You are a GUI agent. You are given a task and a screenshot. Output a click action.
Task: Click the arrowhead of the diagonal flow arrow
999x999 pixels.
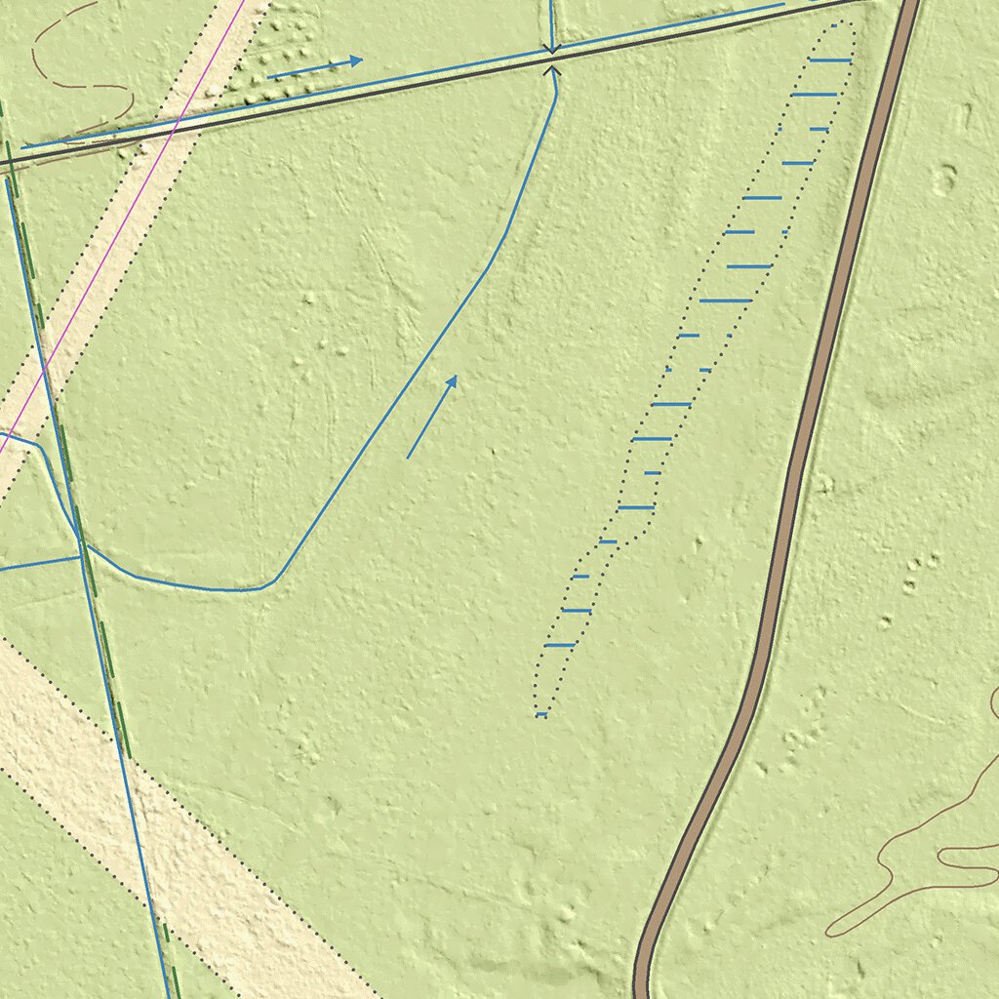pyautogui.click(x=455, y=378)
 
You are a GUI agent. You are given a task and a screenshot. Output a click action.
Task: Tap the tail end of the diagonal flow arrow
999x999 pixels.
pyautogui.click(x=408, y=458)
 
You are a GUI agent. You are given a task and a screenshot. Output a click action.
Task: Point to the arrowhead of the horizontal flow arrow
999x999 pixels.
pyautogui.click(x=360, y=60)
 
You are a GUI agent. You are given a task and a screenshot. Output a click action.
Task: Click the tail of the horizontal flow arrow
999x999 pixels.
pyautogui.click(x=267, y=77)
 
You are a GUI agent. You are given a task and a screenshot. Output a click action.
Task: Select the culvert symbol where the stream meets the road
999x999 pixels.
pyautogui.click(x=552, y=59)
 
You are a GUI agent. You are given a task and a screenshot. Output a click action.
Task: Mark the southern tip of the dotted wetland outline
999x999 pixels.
pyautogui.click(x=539, y=716)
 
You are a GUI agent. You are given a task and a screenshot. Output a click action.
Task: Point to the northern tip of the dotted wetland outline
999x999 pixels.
pyautogui.click(x=847, y=23)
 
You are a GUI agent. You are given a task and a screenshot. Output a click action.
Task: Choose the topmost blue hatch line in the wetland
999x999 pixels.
pyautogui.click(x=830, y=60)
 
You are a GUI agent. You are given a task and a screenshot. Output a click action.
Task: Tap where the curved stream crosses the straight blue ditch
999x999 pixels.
pyautogui.click(x=78, y=536)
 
